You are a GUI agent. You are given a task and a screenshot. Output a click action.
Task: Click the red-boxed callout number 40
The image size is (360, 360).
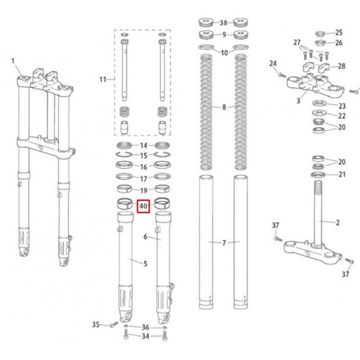click(x=143, y=206)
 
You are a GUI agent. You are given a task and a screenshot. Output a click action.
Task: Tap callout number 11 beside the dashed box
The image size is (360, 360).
click(x=103, y=79)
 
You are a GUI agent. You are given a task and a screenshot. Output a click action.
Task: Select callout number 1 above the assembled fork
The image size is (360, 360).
click(x=13, y=61)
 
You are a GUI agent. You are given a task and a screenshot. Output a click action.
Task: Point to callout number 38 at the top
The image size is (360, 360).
click(x=224, y=22)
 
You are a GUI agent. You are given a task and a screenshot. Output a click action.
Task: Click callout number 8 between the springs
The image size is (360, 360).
click(x=224, y=107)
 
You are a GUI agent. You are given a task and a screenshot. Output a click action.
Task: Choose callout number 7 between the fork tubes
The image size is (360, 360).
click(x=224, y=243)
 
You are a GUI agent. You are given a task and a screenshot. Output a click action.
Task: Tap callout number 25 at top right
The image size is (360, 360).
click(x=339, y=32)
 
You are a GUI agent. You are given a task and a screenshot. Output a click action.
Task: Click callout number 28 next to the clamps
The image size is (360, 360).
click(x=342, y=66)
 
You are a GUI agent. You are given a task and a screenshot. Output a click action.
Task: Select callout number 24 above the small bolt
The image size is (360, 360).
click(x=273, y=63)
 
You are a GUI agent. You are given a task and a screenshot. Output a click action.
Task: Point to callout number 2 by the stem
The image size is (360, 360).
click(x=337, y=222)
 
